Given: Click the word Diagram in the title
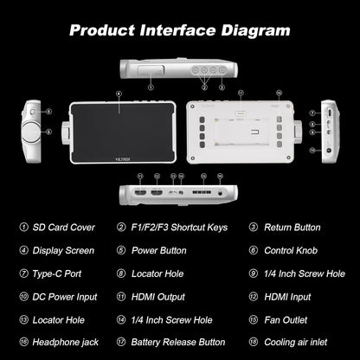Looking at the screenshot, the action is pyautogui.click(x=255, y=31).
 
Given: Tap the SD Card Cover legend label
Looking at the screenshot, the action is pyautogui.click(x=63, y=228).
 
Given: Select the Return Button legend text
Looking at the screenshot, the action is pyautogui.click(x=292, y=228).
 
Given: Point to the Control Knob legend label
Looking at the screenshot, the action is pyautogui.click(x=291, y=250).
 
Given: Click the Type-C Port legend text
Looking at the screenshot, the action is pyautogui.click(x=57, y=273).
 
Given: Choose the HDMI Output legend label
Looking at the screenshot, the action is pyautogui.click(x=158, y=297).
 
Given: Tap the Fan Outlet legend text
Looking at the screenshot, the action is pyautogui.click(x=286, y=320).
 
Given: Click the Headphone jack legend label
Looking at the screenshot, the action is pyautogui.click(x=66, y=343).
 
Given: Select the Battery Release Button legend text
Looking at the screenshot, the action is pyautogui.click(x=178, y=343).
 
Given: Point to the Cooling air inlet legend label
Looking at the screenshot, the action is pyautogui.click(x=296, y=343).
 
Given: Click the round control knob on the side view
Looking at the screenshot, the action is pyautogui.click(x=31, y=132).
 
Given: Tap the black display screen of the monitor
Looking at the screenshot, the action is pyautogui.click(x=123, y=132).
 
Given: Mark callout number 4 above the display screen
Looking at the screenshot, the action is pyautogui.click(x=119, y=93).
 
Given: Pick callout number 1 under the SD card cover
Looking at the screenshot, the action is pyautogui.click(x=151, y=87).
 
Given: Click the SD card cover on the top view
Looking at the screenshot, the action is pyautogui.click(x=151, y=70).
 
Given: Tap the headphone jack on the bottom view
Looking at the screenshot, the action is pyautogui.click(x=221, y=193).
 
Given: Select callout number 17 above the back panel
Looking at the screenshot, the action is pyautogui.click(x=241, y=93).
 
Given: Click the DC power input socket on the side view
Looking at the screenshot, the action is pyautogui.click(x=328, y=151).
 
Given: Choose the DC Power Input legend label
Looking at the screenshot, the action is pyautogui.click(x=65, y=297).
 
